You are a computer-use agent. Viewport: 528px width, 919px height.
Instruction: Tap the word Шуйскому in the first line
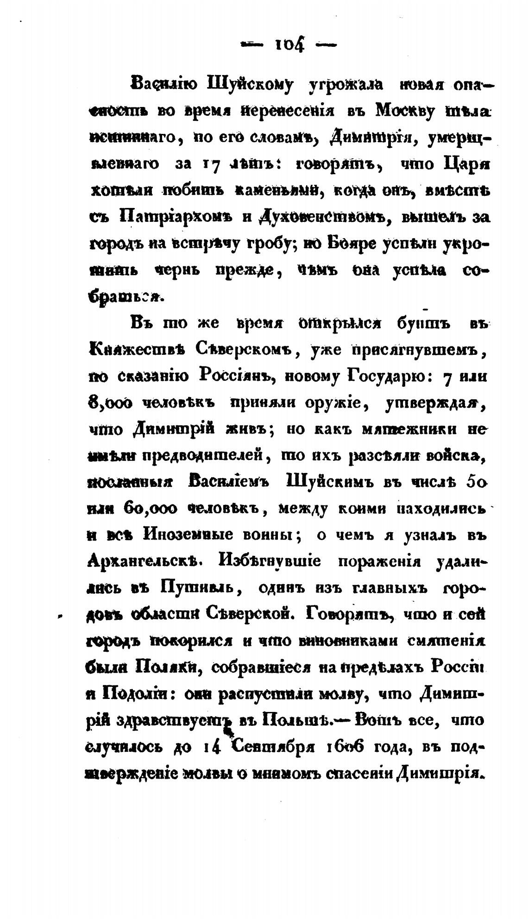tap(245, 86)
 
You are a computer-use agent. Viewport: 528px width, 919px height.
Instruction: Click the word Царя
tap(463, 164)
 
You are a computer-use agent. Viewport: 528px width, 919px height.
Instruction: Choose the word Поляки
tap(168, 667)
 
